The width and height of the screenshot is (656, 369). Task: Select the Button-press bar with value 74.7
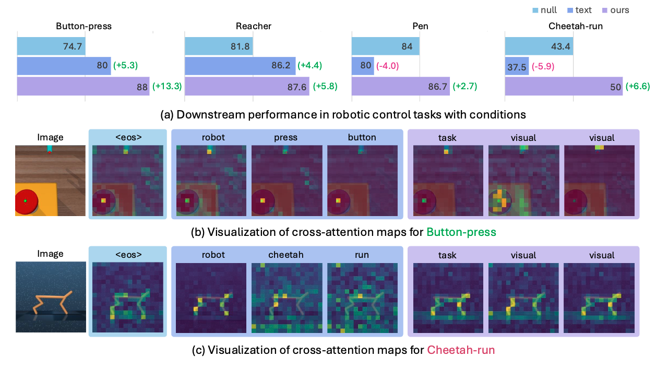click(51, 47)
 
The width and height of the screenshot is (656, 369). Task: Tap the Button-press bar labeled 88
click(84, 86)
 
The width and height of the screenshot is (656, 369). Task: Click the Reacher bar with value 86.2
click(240, 66)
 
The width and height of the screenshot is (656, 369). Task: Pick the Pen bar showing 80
click(363, 66)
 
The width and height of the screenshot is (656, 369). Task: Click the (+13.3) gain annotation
click(166, 86)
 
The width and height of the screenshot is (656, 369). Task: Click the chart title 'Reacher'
click(253, 26)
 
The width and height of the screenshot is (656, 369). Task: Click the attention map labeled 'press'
click(285, 181)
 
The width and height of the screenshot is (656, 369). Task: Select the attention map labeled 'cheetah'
click(285, 297)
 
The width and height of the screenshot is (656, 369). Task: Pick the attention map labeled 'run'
click(362, 297)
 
